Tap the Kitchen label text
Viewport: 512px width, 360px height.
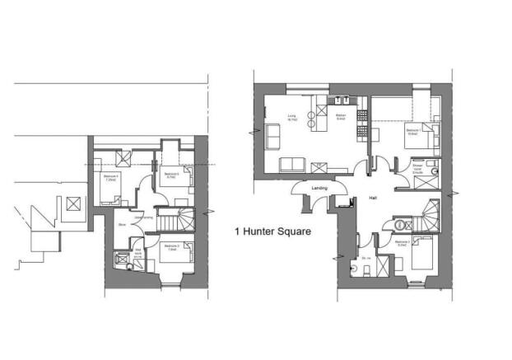click(340, 117)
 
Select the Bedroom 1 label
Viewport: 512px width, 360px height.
click(412, 131)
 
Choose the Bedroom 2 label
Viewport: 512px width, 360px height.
click(403, 243)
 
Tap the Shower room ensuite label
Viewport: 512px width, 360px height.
click(419, 167)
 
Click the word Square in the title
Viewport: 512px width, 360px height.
click(292, 231)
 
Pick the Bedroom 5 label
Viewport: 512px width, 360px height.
click(171, 175)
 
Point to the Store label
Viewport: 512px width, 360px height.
click(121, 223)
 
